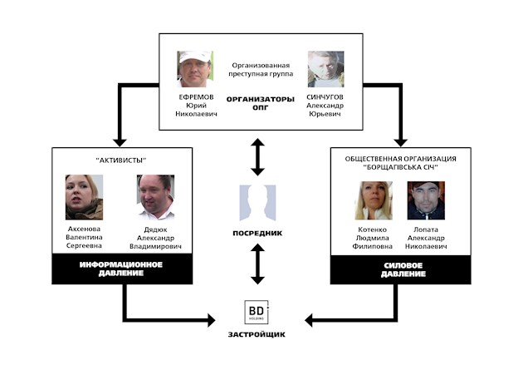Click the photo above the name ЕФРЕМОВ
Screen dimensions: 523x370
(195, 69)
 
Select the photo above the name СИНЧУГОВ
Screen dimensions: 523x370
(326, 69)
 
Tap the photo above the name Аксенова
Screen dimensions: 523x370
(84, 197)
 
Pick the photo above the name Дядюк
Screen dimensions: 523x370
(155, 197)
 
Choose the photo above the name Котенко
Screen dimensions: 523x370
(374, 200)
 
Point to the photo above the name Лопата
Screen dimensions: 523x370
(426, 200)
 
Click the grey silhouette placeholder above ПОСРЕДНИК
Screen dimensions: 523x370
(257, 203)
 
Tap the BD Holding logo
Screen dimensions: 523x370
(257, 312)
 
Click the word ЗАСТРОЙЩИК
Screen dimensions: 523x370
(257, 334)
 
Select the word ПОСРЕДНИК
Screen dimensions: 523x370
(257, 233)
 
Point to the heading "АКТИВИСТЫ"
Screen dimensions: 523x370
(121, 160)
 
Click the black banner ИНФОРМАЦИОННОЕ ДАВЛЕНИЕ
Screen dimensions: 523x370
(122, 269)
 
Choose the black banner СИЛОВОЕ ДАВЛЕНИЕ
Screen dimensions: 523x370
(401, 270)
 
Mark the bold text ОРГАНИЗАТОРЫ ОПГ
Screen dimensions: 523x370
(261, 103)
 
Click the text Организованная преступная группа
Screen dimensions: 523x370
(261, 70)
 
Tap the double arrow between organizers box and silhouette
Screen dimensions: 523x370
(257, 157)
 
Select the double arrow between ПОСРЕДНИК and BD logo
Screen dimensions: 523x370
(257, 264)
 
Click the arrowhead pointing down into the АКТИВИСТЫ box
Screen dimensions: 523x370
(120, 142)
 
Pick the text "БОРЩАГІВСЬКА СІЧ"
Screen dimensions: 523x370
(401, 167)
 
